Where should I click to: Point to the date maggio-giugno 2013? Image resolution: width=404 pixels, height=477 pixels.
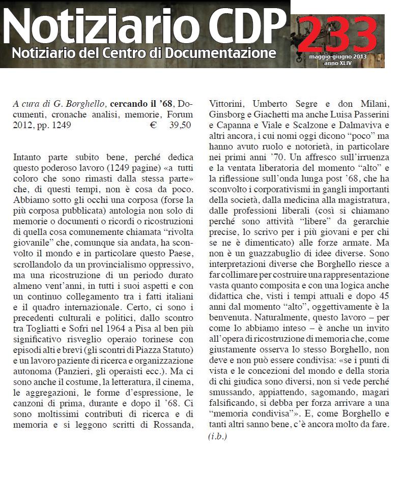click(x=337, y=56)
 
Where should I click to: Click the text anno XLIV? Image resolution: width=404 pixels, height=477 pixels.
click(x=337, y=63)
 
